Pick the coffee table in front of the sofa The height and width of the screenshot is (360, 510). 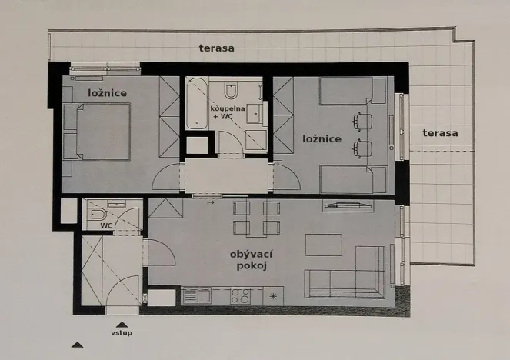coord(323,245)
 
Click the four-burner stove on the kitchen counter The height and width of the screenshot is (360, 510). coord(241,295)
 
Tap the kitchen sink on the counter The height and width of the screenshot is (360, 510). coord(201,295)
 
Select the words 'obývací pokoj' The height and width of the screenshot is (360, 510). coord(252,259)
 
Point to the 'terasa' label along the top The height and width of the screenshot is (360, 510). coord(217,48)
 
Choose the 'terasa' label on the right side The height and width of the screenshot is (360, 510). coord(440,133)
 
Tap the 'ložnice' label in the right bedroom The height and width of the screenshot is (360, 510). coord(322,139)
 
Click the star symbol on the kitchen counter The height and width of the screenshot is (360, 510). coord(273,296)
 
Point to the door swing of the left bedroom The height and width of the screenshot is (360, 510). coord(167,178)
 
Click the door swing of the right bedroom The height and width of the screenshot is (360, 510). coord(286,178)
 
